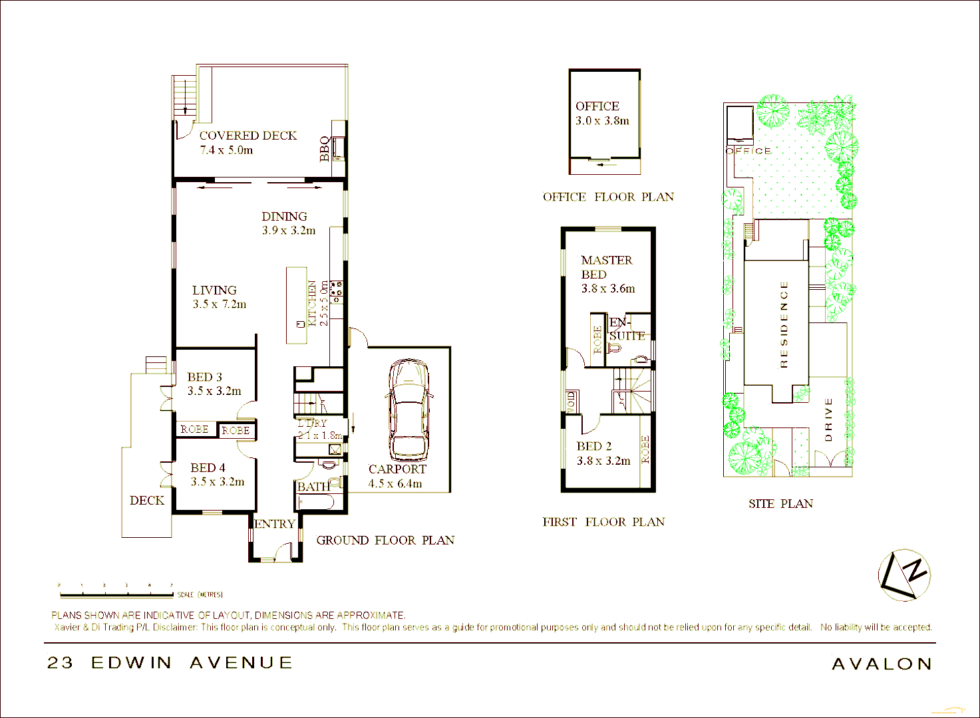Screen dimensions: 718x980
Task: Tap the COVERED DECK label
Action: [x=247, y=136]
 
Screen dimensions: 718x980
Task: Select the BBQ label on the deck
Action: [x=325, y=149]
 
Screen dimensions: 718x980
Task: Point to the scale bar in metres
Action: [x=116, y=590]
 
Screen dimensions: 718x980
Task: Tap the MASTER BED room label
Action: [x=607, y=267]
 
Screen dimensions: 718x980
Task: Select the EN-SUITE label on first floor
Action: [x=626, y=329]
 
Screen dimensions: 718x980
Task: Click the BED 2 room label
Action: [x=594, y=447]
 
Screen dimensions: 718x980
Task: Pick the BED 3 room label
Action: [x=205, y=378]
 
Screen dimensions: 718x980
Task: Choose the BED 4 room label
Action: [x=208, y=468]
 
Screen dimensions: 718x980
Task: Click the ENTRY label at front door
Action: [x=275, y=524]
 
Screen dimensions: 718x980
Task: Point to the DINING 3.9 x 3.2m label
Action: [x=287, y=223]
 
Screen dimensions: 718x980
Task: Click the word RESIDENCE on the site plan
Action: [x=784, y=324]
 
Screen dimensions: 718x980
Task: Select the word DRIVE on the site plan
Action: [x=828, y=419]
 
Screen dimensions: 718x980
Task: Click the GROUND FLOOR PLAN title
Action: [x=385, y=540]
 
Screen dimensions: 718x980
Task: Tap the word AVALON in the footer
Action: [x=882, y=663]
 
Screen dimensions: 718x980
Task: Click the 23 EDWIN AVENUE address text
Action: [x=170, y=663]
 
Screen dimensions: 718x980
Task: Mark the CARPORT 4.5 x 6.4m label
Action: [x=397, y=476]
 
